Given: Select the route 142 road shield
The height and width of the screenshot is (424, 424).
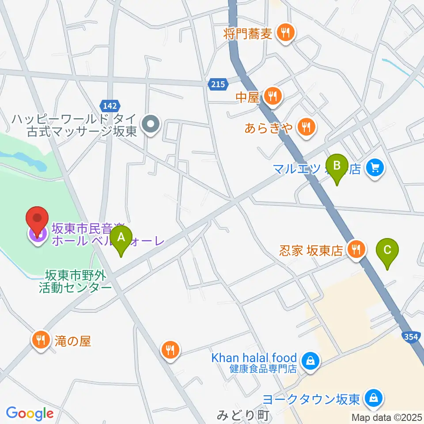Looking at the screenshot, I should [109, 105].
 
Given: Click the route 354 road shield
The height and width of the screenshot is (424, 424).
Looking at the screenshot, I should [411, 337].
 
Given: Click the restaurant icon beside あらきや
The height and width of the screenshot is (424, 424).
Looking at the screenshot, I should [305, 128].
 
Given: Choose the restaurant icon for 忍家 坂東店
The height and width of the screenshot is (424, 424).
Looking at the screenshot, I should [356, 250].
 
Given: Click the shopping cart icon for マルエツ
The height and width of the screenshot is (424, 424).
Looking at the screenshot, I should [375, 168].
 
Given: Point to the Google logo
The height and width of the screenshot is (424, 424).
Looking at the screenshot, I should [30, 413].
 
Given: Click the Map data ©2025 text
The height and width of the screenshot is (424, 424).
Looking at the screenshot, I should [386, 417].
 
